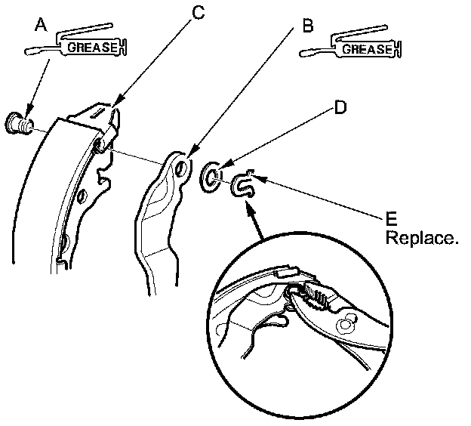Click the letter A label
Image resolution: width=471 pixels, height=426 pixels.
41,25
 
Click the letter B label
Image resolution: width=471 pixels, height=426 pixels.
307,26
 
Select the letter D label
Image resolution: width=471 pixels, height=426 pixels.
340,108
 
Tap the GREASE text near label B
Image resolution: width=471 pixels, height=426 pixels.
368,50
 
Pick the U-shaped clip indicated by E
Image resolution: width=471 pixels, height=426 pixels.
243,184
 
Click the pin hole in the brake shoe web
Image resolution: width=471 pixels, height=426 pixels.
99,147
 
